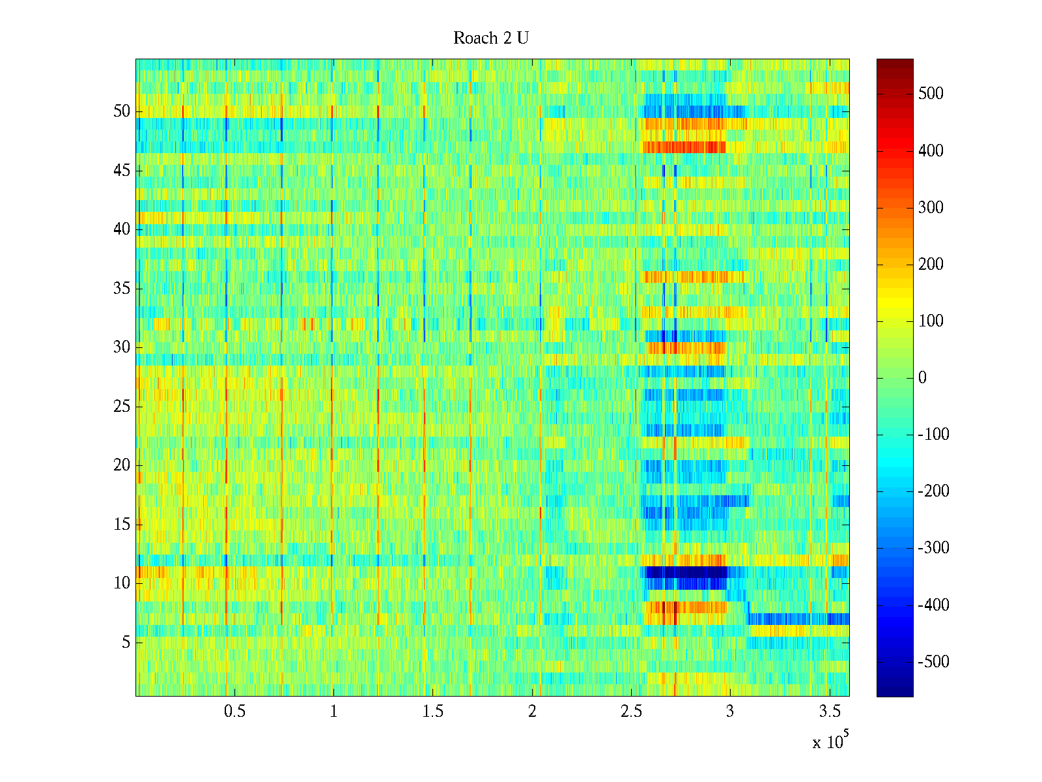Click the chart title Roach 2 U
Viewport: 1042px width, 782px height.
pos(491,38)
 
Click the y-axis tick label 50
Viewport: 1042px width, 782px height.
pos(122,111)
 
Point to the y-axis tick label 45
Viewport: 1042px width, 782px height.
pos(122,171)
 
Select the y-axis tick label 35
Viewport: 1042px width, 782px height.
pos(122,289)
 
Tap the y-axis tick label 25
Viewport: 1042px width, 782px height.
pos(122,407)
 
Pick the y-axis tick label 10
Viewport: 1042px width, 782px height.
pos(122,583)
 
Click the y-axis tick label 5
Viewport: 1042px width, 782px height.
pos(126,643)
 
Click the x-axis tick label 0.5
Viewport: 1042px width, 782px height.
pos(234,712)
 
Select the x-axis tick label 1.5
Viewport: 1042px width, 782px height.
pos(432,712)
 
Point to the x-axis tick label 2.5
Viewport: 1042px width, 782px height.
pos(631,712)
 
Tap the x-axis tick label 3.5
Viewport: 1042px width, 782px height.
pos(829,712)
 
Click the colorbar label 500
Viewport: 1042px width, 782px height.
pos(931,94)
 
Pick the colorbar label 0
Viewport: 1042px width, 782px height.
pos(922,378)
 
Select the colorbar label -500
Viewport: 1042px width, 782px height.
pos(933,662)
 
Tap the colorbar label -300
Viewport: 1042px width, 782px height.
pos(933,548)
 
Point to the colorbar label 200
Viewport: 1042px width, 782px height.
pos(931,265)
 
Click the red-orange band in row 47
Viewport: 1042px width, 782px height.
pos(684,147)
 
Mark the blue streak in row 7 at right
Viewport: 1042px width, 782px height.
pos(798,618)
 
